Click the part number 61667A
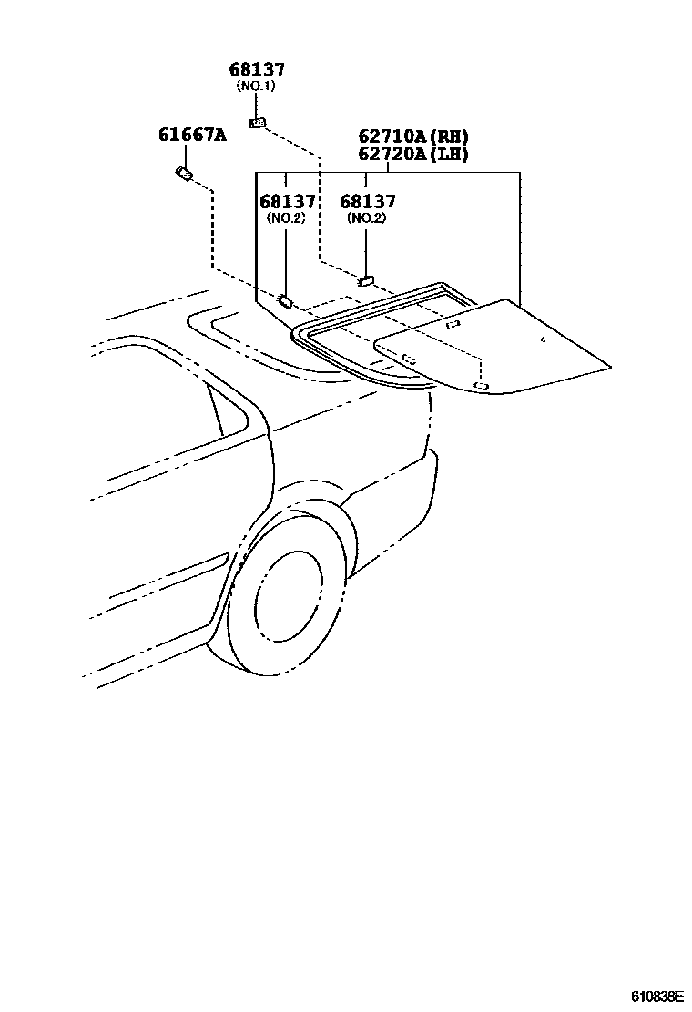coord(191,136)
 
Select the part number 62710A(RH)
coord(412,137)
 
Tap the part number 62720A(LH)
coord(412,154)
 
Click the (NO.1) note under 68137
coord(256,86)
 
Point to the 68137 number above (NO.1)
coord(256,69)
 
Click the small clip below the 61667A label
coord(183,173)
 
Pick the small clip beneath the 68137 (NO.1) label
coord(258,123)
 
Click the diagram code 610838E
coord(657,997)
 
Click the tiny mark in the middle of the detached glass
coord(543,340)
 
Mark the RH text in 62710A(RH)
coord(448,137)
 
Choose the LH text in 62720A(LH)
coord(448,154)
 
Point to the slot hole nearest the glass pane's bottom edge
coord(482,387)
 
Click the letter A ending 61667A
coord(219,136)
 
